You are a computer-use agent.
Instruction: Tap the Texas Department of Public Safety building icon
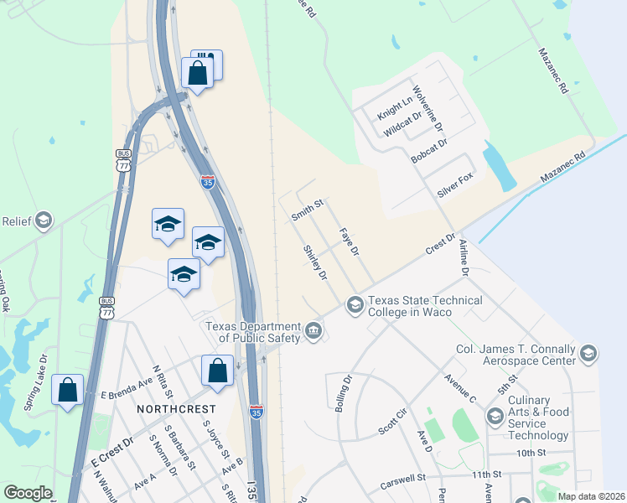(x=313, y=330)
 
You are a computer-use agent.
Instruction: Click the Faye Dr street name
(x=349, y=241)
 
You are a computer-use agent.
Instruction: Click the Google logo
(x=28, y=493)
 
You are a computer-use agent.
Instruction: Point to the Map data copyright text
(x=589, y=496)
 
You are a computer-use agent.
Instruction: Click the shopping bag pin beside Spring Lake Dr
(x=68, y=392)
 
